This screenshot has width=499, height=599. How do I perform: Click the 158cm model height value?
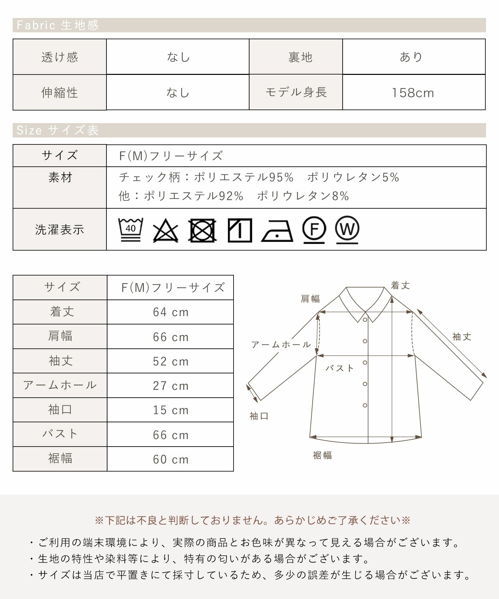(413, 93)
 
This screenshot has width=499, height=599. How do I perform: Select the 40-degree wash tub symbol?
(131, 230)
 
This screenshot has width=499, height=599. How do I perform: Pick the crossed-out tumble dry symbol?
(202, 230)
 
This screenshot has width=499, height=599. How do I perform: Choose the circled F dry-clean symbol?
(314, 230)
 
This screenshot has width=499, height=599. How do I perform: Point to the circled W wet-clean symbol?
(347, 230)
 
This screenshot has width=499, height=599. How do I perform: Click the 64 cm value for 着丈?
(171, 312)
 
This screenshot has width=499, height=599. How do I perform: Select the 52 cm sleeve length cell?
(171, 361)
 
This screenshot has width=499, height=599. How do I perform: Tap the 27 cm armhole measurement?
(171, 386)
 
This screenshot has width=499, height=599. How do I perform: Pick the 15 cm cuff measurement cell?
(171, 410)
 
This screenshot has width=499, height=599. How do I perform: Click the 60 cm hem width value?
(171, 460)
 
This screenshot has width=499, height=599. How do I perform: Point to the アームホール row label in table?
(60, 385)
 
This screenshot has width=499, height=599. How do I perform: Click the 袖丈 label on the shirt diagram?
(462, 337)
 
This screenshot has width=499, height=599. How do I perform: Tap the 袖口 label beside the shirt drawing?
(259, 416)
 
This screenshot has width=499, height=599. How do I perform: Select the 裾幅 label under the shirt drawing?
(322, 455)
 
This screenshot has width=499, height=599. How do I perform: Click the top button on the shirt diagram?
(365, 320)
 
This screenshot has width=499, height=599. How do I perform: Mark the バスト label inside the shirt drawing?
(340, 368)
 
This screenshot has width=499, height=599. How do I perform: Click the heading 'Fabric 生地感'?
(58, 25)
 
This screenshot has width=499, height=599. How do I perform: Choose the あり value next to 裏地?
(411, 57)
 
